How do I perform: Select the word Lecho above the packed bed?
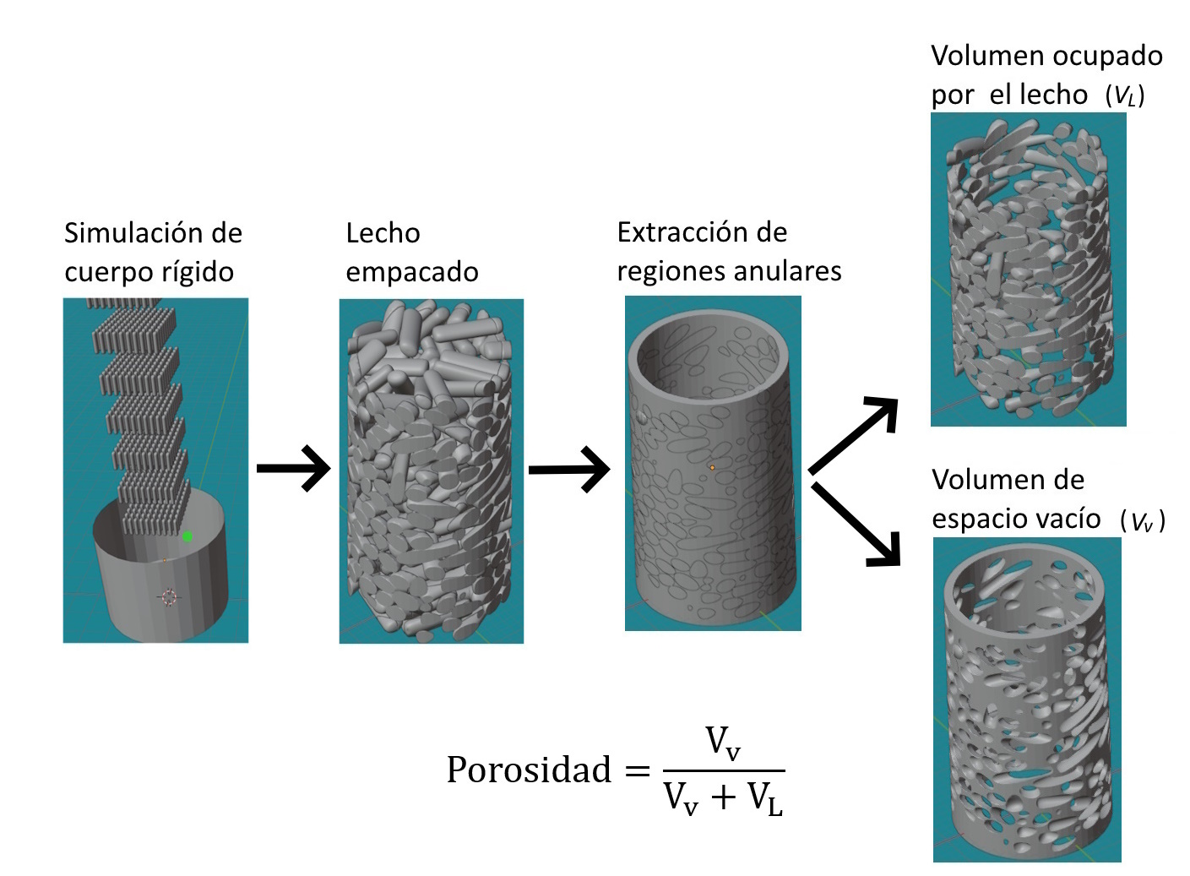tap(383, 233)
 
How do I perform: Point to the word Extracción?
tap(678, 232)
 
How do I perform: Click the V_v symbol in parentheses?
tap(1142, 521)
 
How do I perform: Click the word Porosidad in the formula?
tap(529, 770)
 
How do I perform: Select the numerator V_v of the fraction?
tap(723, 743)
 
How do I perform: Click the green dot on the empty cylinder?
tap(187, 537)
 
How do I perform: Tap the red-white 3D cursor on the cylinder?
tap(168, 597)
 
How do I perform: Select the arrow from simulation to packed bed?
tap(294, 469)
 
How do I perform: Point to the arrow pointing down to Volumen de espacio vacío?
tap(856, 525)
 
